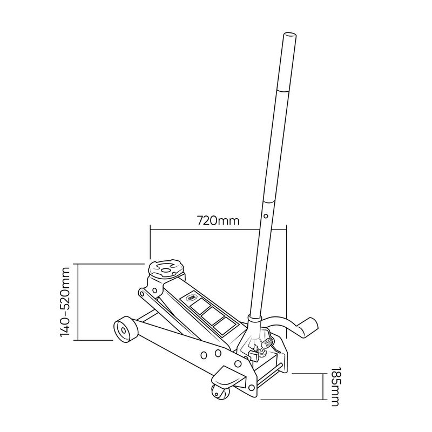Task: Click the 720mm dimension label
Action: point(218,221)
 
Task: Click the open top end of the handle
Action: point(290,36)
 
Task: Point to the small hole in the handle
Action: point(266,215)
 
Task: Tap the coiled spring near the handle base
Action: point(268,343)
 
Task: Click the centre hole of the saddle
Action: point(165,270)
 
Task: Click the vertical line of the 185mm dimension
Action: point(323,387)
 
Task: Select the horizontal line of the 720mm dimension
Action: point(218,229)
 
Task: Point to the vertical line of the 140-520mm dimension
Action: point(78,302)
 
